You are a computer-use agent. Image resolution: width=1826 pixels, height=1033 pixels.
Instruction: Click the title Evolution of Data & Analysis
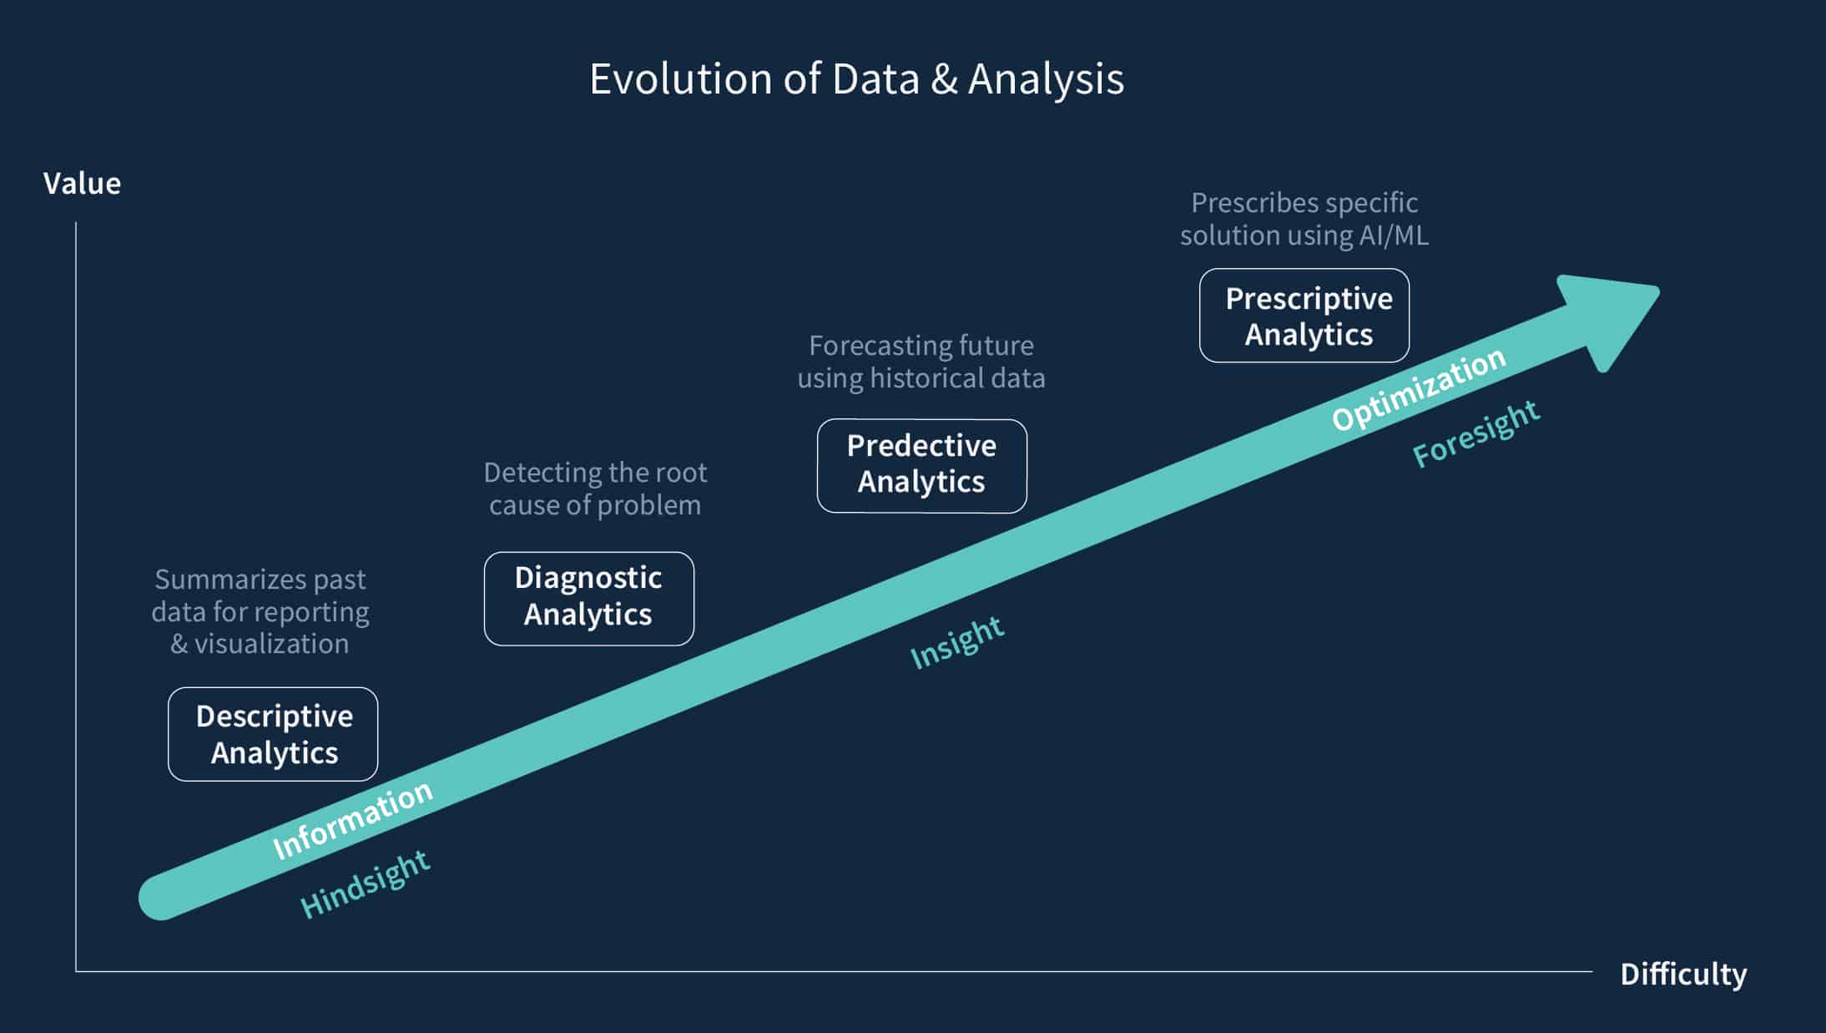[857, 79]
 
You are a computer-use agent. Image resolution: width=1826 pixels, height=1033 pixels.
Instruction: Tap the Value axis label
[82, 184]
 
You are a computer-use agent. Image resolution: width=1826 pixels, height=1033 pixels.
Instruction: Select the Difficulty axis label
[1683, 975]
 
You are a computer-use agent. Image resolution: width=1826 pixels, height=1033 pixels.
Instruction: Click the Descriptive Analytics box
[273, 734]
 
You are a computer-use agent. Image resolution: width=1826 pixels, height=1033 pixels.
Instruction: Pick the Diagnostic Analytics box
[589, 599]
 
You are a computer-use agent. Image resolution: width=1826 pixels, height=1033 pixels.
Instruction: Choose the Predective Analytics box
[922, 466]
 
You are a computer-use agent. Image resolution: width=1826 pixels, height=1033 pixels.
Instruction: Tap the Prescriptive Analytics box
[1304, 316]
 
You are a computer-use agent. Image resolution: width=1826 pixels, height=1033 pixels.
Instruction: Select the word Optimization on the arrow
[1419, 388]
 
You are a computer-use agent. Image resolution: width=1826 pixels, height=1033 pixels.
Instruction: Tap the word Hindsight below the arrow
[365, 884]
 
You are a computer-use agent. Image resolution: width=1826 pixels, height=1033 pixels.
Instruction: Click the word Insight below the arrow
[956, 642]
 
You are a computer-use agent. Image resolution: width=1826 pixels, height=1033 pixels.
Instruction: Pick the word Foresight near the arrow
[1475, 433]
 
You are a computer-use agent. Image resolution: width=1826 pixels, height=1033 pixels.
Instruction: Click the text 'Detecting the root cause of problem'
[595, 489]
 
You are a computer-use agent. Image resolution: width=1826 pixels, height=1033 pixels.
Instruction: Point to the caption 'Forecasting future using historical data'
[921, 362]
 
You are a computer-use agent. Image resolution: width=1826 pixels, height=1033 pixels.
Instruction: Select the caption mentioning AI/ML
[1304, 219]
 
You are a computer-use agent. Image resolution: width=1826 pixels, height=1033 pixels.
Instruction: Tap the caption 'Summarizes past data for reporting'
[260, 595]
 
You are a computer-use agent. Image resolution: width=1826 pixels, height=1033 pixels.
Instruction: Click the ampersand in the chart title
[944, 79]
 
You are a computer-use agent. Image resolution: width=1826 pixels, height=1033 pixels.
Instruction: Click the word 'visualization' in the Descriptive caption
[271, 644]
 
